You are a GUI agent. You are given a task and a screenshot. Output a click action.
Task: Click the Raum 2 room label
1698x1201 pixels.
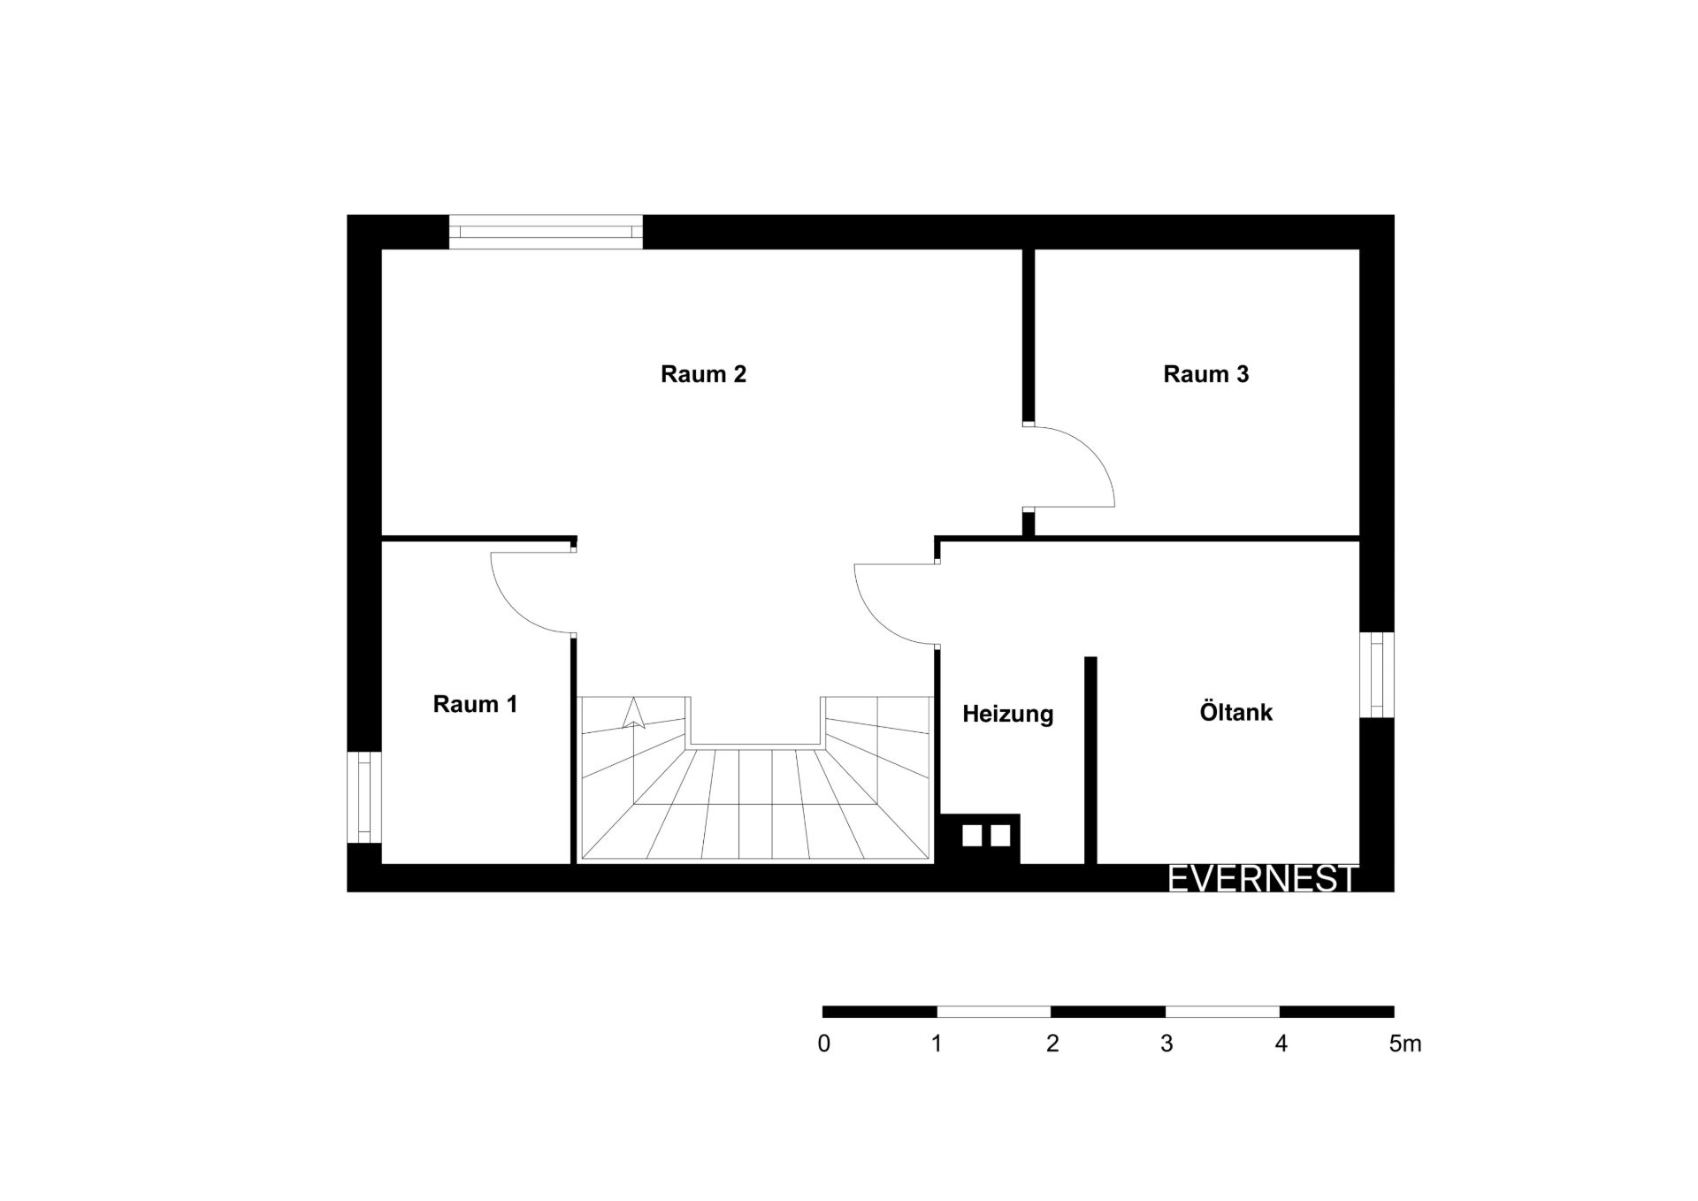point(703,374)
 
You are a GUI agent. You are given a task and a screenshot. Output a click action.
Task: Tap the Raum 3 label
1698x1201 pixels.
point(1205,374)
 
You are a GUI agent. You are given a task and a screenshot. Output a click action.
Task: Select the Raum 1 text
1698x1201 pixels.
point(475,704)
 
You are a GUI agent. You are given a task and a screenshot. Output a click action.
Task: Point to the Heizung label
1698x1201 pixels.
point(1007,714)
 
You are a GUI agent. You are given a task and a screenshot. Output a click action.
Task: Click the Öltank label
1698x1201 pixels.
point(1235,712)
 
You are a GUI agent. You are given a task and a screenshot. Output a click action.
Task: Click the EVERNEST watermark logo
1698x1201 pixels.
point(1262,878)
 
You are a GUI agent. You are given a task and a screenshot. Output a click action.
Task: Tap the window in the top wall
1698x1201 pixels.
point(546,232)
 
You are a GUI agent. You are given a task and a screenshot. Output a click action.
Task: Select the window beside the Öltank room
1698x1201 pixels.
point(1376,675)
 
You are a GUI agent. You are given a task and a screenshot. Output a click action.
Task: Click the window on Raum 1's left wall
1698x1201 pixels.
point(363,797)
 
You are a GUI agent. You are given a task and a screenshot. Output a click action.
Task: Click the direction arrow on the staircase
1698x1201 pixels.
point(633,713)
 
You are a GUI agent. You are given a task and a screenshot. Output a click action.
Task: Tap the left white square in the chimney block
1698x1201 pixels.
point(972,836)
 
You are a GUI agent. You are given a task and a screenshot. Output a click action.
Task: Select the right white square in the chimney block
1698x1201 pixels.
point(1000,836)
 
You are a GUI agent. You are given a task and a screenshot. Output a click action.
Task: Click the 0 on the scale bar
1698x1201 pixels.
point(824,1044)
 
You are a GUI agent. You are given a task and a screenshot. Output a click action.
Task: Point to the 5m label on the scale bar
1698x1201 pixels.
point(1405,1044)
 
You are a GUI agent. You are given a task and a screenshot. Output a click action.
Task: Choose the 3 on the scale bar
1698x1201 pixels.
point(1166,1044)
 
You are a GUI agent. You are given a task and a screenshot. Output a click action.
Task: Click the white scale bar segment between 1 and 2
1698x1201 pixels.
point(994,1012)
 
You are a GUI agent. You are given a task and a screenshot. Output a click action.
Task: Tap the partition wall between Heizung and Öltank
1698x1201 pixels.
point(1090,760)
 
